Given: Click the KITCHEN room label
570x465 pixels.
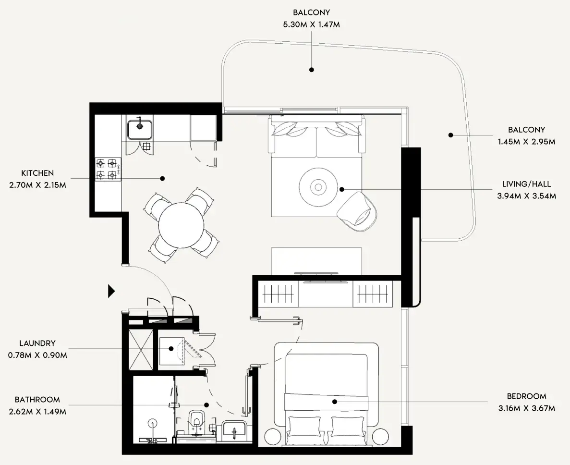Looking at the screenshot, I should (x=37, y=173).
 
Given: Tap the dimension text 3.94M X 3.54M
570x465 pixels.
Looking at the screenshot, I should (x=526, y=196).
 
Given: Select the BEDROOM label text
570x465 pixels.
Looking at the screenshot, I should (x=526, y=396).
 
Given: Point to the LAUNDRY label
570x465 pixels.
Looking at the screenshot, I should (x=37, y=343).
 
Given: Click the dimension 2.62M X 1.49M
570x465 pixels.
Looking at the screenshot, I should (x=37, y=412).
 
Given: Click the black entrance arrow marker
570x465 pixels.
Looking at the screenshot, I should (x=111, y=291).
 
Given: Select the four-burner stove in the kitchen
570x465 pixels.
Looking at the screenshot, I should (x=108, y=169).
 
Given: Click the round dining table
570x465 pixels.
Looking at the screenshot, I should (x=181, y=225).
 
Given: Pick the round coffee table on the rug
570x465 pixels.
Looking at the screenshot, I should (x=317, y=187).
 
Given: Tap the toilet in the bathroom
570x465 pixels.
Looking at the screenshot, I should (x=196, y=419).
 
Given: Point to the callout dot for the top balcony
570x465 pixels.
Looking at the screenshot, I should (x=311, y=70).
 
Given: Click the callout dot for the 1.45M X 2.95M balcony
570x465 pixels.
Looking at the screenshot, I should (x=450, y=135).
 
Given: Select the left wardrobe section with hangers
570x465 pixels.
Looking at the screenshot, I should (x=278, y=293).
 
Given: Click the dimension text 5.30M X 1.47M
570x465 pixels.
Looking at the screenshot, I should (x=311, y=24).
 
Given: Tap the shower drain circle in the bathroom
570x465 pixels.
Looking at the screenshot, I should (x=153, y=423).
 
